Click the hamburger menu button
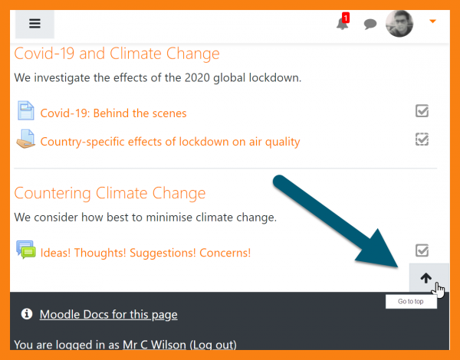(34, 24)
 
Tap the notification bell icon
(342, 24)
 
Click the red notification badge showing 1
(346, 18)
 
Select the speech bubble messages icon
(370, 24)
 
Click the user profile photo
(399, 24)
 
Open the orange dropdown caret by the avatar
(432, 21)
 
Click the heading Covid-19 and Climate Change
(117, 54)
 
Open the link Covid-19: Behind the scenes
(113, 113)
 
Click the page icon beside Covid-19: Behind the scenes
(26, 110)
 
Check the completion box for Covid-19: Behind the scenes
(422, 111)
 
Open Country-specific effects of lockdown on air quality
(170, 142)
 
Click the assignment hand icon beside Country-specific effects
(26, 139)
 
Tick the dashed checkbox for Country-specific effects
(422, 139)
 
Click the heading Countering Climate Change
(110, 193)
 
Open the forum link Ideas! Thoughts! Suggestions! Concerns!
(146, 253)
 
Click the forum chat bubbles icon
(26, 250)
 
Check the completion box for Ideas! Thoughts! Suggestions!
(422, 250)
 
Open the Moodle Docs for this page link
(109, 315)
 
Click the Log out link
(213, 345)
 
